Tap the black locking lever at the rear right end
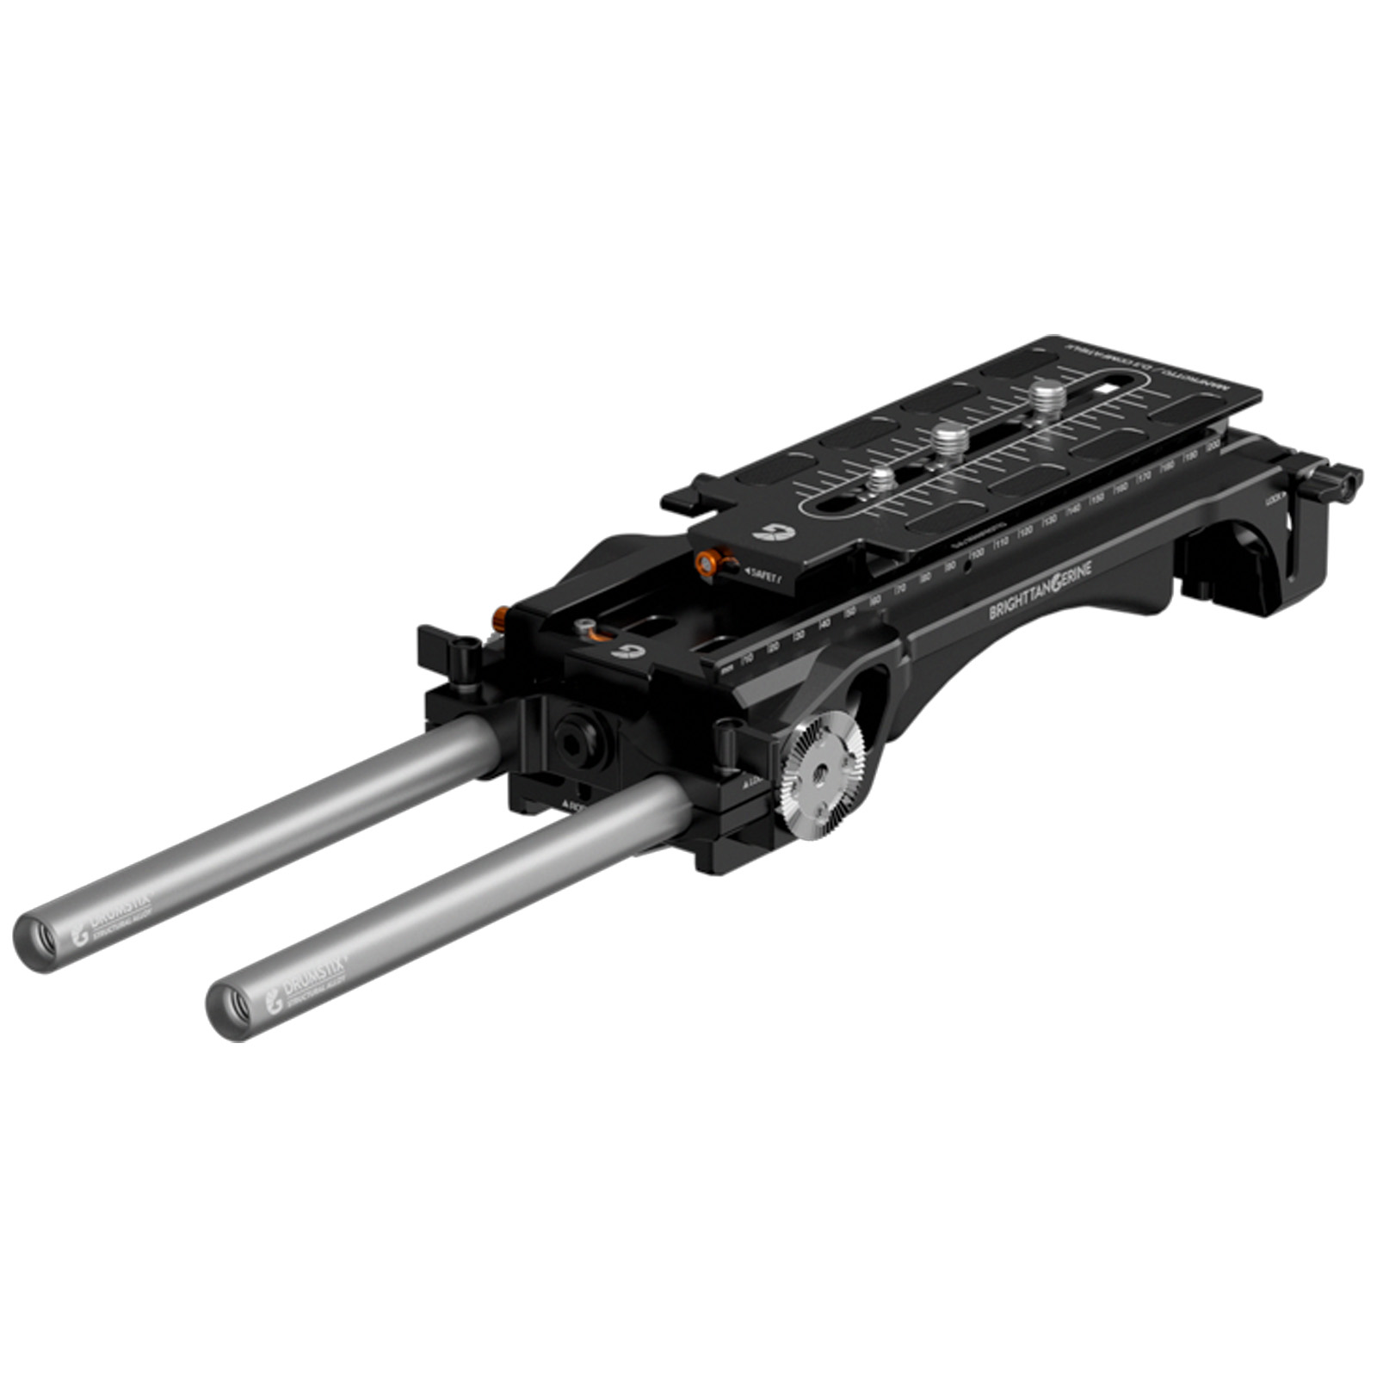pyautogui.click(x=1340, y=483)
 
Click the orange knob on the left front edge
pyautogui.click(x=499, y=617)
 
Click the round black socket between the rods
pyautogui.click(x=572, y=736)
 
